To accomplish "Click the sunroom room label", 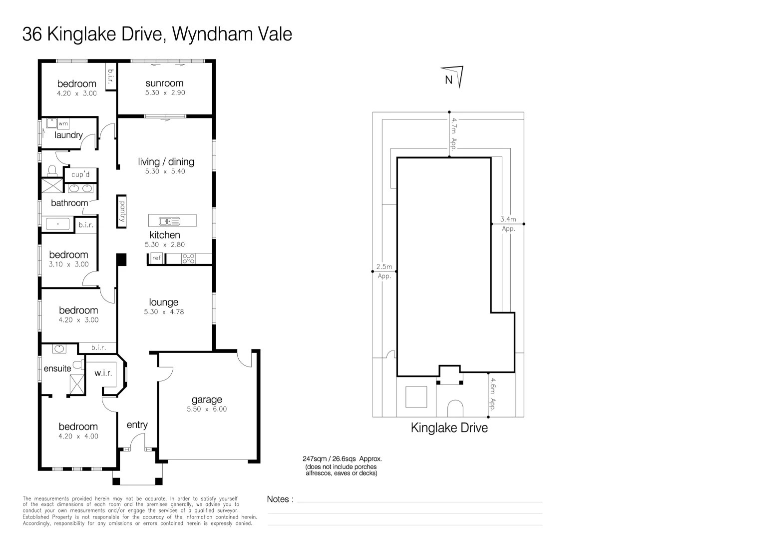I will tap(164, 83).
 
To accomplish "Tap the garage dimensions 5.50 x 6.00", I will tap(207, 409).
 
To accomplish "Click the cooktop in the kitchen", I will tap(189, 258).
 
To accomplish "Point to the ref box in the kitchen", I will tap(156, 258).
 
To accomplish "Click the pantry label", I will tap(121, 211).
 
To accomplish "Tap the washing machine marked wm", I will tap(63, 123).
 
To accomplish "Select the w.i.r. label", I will tap(103, 373).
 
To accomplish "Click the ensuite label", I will tap(57, 368).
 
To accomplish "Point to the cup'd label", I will tap(80, 174).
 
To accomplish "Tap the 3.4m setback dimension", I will tap(508, 219).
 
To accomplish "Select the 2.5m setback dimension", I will tap(384, 267).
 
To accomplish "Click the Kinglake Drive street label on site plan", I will tap(449, 428).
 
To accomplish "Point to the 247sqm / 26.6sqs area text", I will tap(342, 458).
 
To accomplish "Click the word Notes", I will tap(278, 499).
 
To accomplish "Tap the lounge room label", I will tap(164, 302).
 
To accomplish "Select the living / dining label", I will tap(166, 161).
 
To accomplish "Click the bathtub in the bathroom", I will tap(61, 224).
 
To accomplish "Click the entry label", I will tap(137, 424).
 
